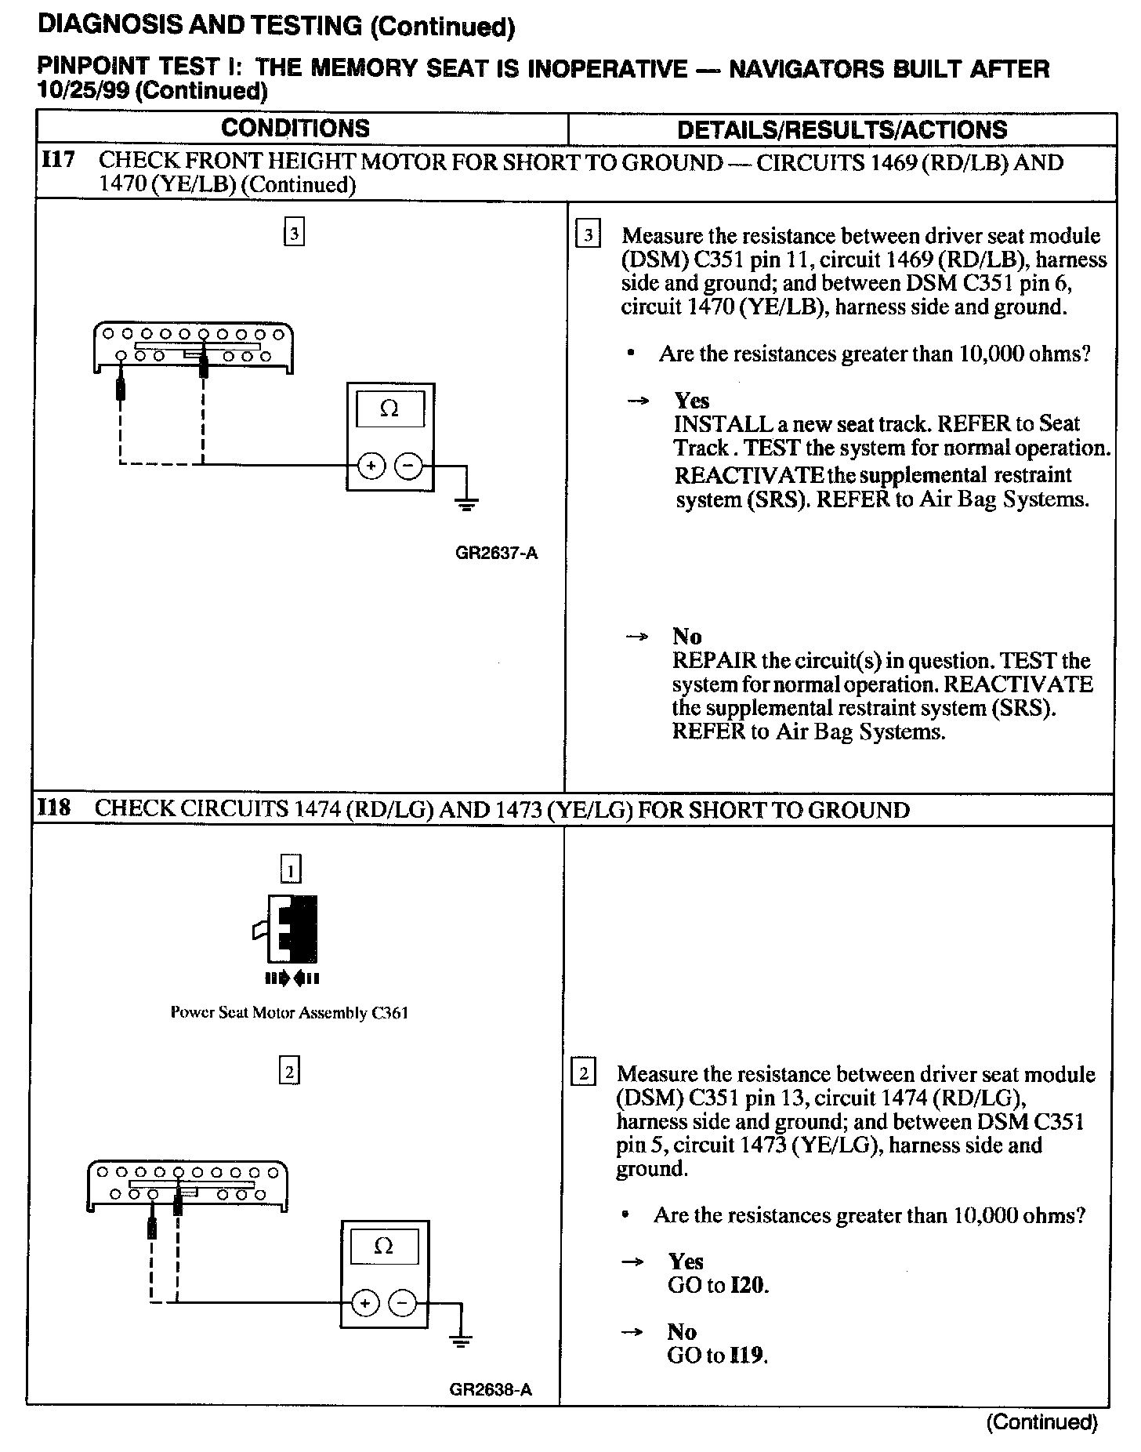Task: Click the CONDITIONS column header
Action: [x=295, y=128]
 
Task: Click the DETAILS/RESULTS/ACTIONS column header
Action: [x=842, y=129]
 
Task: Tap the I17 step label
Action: [x=57, y=161]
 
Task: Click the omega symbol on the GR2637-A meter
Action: [x=389, y=408]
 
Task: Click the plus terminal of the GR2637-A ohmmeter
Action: [x=371, y=466]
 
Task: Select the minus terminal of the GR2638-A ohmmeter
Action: [x=403, y=1303]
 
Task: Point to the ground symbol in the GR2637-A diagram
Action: [x=467, y=503]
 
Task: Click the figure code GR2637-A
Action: [x=496, y=553]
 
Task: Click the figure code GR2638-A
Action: [x=491, y=1390]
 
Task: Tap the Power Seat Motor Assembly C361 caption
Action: [x=289, y=1012]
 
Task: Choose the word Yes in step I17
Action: [x=691, y=401]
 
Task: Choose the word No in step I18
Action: [x=682, y=1332]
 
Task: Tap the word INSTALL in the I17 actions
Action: [x=723, y=424]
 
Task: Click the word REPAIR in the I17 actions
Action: [x=714, y=660]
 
